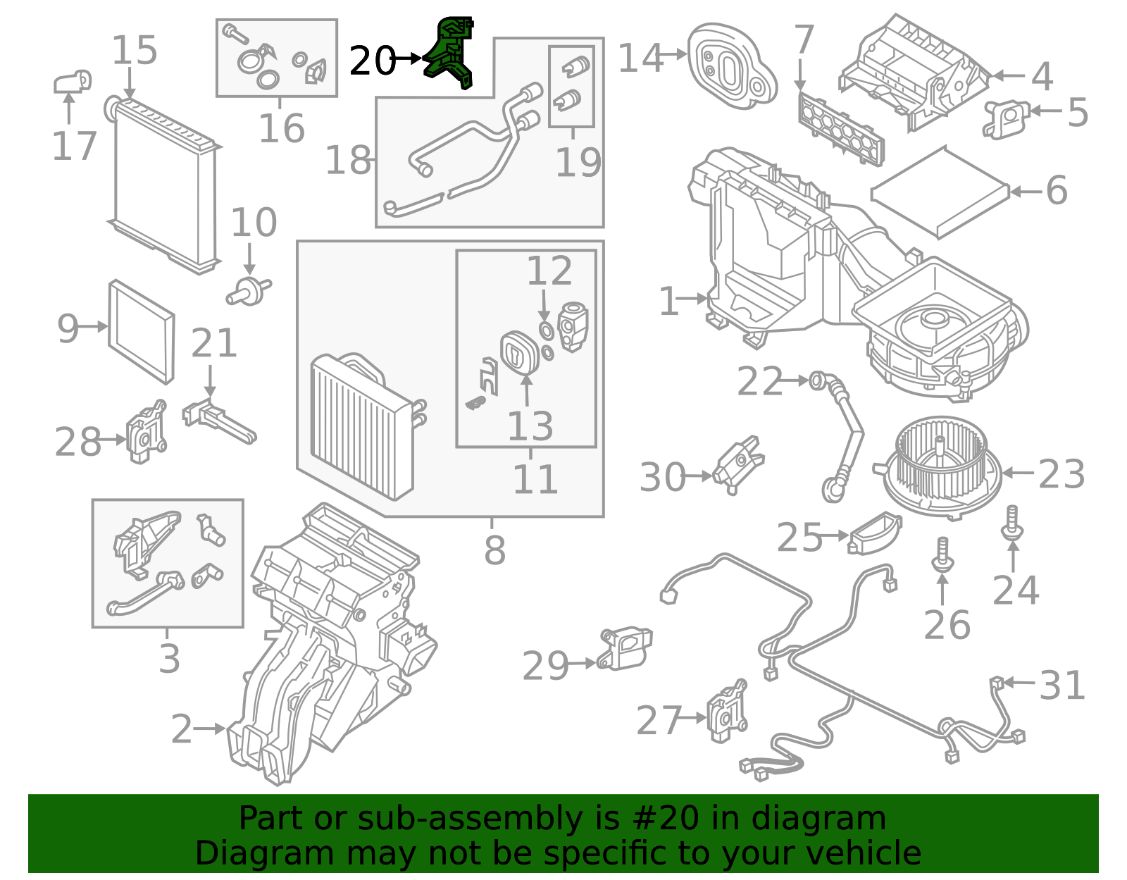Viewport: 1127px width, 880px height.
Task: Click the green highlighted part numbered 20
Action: pos(451,53)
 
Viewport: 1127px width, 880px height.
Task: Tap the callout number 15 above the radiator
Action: pos(135,51)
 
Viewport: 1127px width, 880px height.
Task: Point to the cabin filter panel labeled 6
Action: pos(940,192)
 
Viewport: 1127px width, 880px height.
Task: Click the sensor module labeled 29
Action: pos(625,646)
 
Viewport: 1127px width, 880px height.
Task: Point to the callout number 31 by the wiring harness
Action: pos(1062,685)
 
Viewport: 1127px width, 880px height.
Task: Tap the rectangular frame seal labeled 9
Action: pos(141,332)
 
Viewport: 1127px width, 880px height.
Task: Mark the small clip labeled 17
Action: pos(73,82)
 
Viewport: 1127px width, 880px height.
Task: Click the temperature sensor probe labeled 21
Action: pos(219,421)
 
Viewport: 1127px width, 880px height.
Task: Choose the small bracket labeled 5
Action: pos(1007,118)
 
